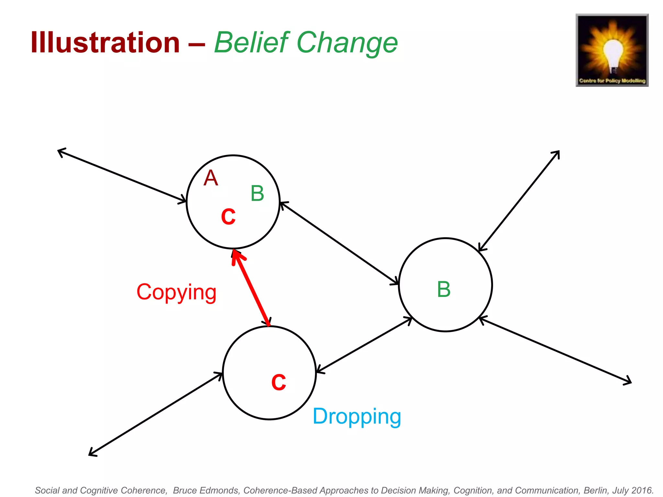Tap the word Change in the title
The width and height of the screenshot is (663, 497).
[347, 43]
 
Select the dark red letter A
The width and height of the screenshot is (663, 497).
[211, 178]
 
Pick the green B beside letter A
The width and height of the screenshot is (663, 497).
[257, 193]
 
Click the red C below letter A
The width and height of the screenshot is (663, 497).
[228, 216]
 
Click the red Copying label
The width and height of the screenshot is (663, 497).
[176, 292]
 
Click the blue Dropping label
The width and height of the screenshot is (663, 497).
[357, 416]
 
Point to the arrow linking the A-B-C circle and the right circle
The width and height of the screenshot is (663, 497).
[339, 243]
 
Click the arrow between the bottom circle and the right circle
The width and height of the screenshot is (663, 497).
[364, 345]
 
